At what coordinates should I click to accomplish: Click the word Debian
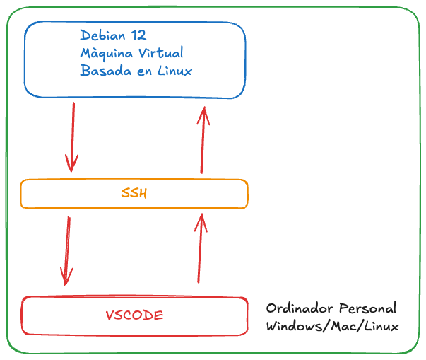tap(102, 35)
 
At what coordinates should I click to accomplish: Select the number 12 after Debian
tap(138, 35)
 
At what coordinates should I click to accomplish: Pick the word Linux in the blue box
tap(174, 71)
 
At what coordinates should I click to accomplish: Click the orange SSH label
tap(134, 193)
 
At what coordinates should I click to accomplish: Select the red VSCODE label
tap(134, 315)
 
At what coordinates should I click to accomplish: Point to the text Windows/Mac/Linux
tap(332, 327)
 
